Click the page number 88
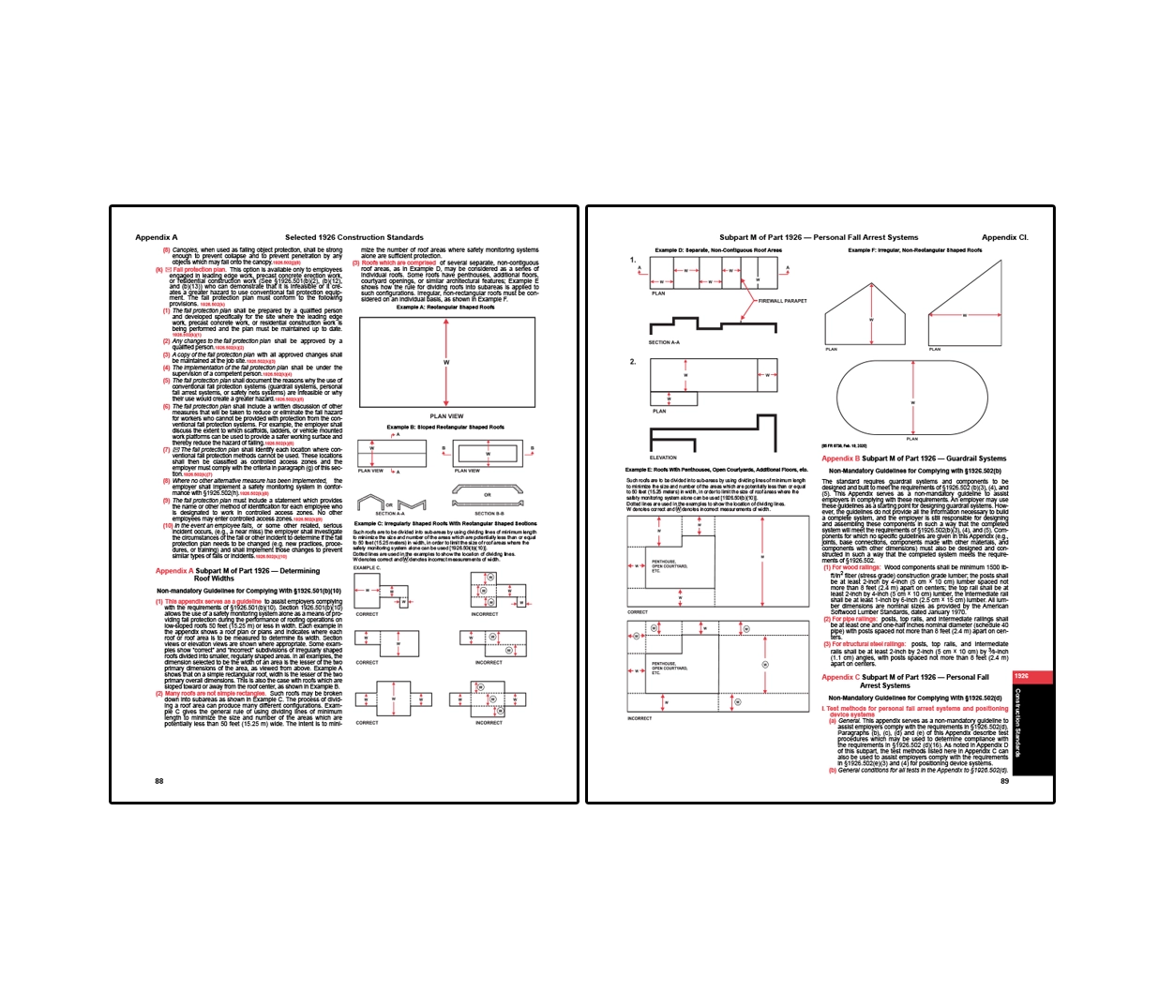159,780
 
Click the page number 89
1004,780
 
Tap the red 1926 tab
1022,675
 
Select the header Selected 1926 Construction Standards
354,237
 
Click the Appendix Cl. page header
1004,237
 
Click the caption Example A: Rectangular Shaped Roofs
445,307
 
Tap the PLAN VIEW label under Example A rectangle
446,415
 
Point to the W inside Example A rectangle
446,362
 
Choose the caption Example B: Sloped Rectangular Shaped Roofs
445,427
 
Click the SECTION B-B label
489,513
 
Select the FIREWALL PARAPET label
782,301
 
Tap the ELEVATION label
663,458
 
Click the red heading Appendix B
840,458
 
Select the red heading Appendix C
840,677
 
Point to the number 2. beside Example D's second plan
633,361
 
